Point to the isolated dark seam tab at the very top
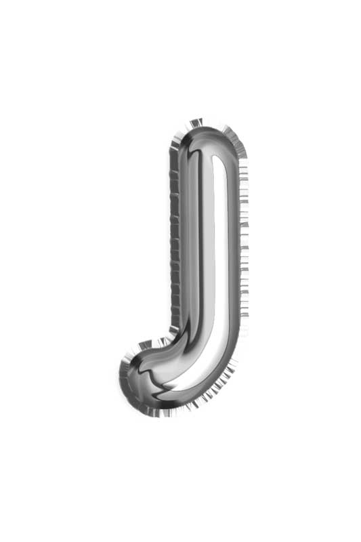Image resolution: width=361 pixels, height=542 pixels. point(196,123)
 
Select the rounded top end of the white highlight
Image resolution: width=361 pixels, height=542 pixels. point(219,159)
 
